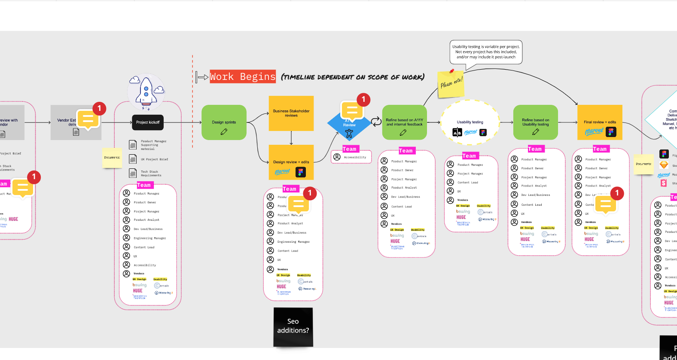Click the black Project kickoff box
[148, 122]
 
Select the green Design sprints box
[224, 122]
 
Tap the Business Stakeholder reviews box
[291, 113]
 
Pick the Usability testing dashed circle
[470, 122]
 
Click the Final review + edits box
[600, 122]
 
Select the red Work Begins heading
[243, 76]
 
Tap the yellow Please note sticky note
[451, 84]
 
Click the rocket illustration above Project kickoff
[146, 92]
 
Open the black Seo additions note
[293, 326]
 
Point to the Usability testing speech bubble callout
[486, 52]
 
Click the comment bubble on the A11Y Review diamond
[352, 110]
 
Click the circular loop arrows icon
[376, 122]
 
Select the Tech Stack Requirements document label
[151, 173]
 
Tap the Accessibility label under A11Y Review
[355, 157]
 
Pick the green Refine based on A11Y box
[404, 122]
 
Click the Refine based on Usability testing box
[535, 122]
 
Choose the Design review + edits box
[291, 162]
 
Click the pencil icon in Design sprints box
[224, 131]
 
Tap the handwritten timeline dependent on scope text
[352, 77]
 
